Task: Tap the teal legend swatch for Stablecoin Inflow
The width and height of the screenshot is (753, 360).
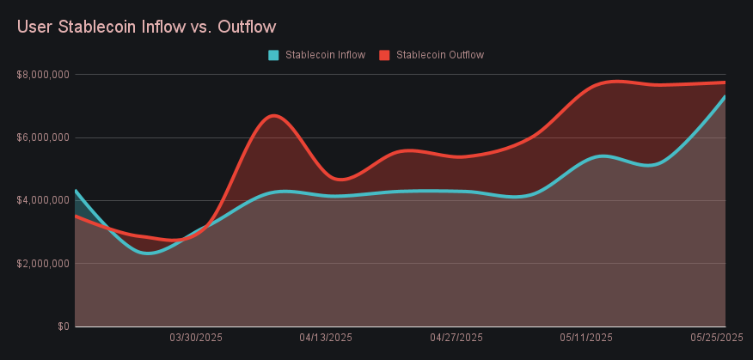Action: (273, 55)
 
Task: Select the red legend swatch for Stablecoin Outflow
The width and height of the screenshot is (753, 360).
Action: (384, 55)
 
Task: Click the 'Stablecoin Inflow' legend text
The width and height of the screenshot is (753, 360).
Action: (325, 55)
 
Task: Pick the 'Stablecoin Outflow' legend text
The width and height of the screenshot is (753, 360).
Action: (440, 55)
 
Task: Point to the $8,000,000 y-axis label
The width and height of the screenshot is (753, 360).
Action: (42, 75)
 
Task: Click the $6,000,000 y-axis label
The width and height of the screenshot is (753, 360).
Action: (42, 137)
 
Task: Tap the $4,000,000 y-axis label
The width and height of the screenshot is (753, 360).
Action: (42, 200)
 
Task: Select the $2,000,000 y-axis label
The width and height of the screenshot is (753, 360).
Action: (42, 264)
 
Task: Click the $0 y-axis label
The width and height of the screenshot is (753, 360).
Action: (63, 326)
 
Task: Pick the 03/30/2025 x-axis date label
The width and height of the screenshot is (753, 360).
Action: (196, 338)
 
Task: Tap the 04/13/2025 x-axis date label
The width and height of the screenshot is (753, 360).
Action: (326, 338)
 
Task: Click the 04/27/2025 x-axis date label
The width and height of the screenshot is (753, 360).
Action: (456, 338)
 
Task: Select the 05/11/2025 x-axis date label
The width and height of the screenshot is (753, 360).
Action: (586, 338)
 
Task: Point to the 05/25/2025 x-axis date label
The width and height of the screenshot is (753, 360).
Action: (716, 338)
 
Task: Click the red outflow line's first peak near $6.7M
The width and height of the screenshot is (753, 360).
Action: (273, 115)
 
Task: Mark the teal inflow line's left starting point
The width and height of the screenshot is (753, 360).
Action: (77, 191)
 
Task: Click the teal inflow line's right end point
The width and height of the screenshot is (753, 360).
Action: (725, 96)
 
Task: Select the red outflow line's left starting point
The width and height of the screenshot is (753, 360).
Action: (77, 216)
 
